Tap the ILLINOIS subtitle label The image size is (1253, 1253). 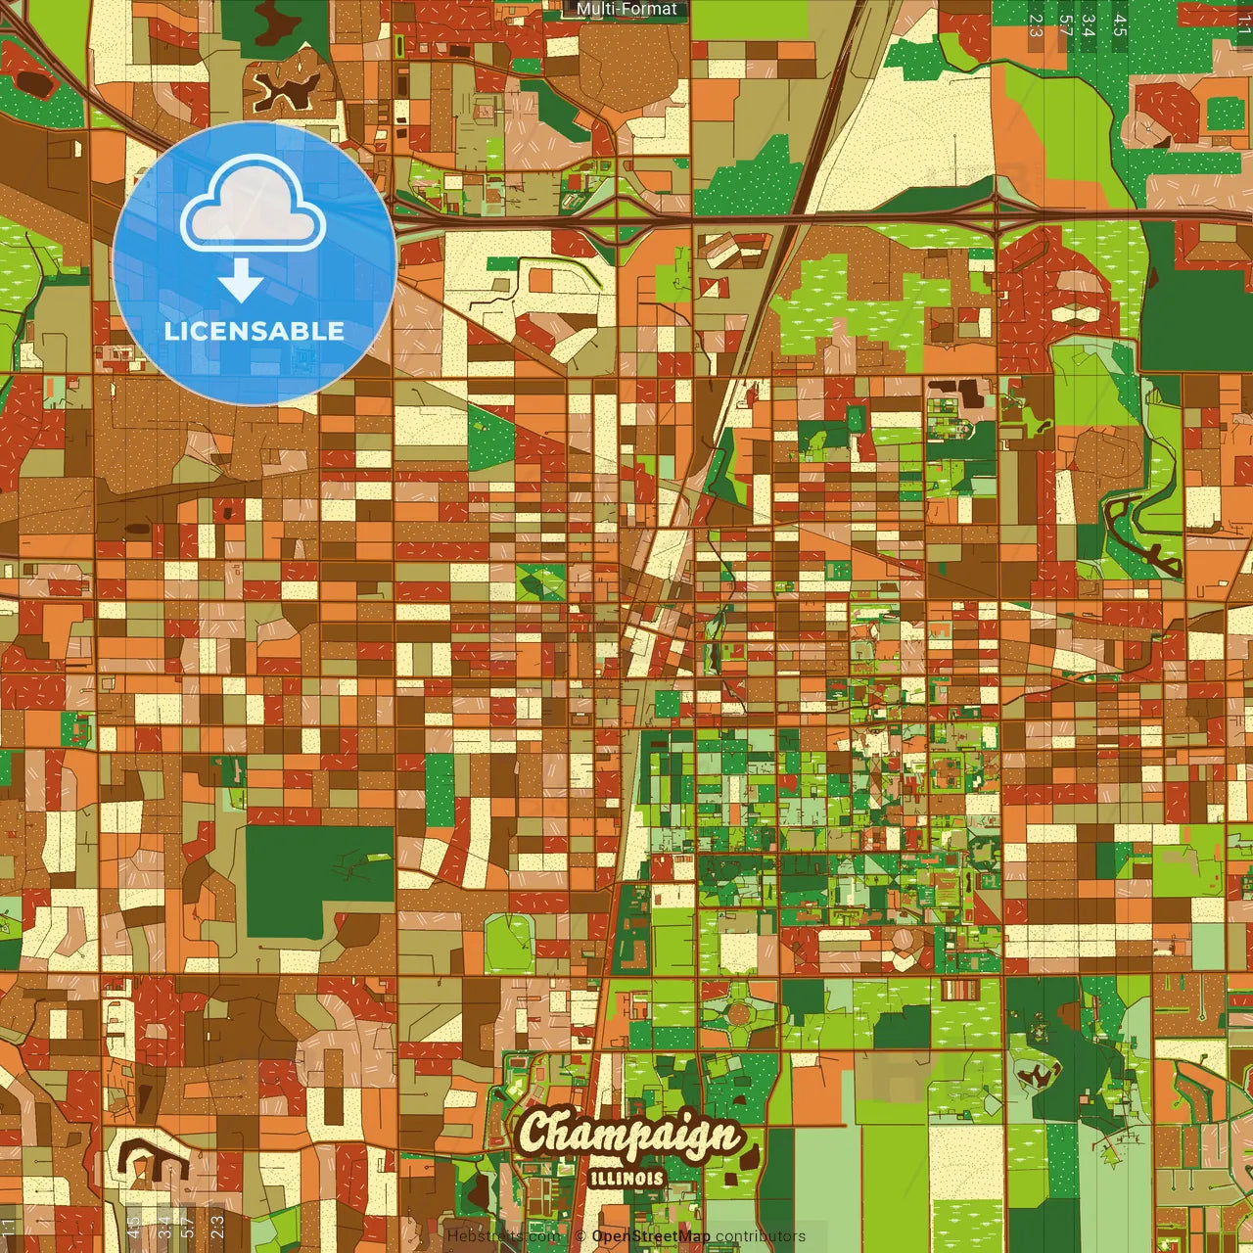coord(627,1179)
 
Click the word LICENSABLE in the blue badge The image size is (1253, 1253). coord(255,331)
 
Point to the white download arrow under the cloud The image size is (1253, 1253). coord(241,281)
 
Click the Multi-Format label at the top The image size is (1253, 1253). coord(626,10)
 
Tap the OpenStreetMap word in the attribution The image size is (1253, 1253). coord(651,1236)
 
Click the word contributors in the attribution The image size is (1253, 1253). coord(761,1236)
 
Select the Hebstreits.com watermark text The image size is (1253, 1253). coord(503,1236)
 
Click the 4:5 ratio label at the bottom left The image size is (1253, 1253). coord(134,1226)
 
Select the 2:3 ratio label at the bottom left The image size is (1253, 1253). coord(217,1226)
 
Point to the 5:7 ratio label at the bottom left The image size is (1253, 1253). coord(188,1226)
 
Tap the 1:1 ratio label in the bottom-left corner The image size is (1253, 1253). coord(10,1226)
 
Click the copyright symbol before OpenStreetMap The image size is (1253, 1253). coord(580,1236)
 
